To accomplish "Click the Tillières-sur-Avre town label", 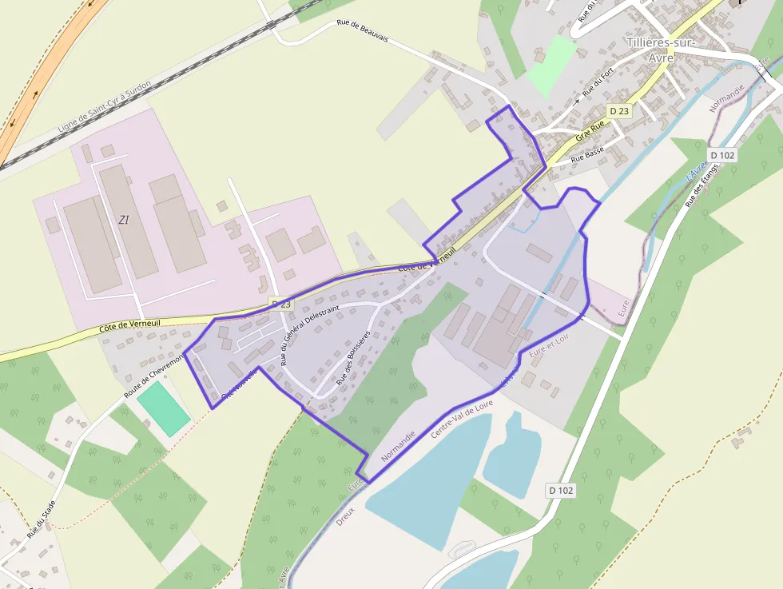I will click(661, 50).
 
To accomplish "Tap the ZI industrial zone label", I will click(123, 219).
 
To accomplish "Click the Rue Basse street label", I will click(589, 155).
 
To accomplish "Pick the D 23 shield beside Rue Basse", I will click(618, 112).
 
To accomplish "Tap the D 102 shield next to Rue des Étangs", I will click(722, 155).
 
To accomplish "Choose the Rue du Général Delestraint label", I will click(310, 335).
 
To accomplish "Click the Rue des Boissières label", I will click(353, 359).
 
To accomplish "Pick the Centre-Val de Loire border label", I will click(462, 418).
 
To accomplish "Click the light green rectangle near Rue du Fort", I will click(551, 58).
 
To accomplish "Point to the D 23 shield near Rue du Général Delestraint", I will click(282, 304).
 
